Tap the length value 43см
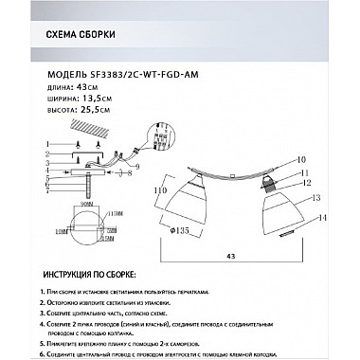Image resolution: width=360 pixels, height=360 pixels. (86, 88)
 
